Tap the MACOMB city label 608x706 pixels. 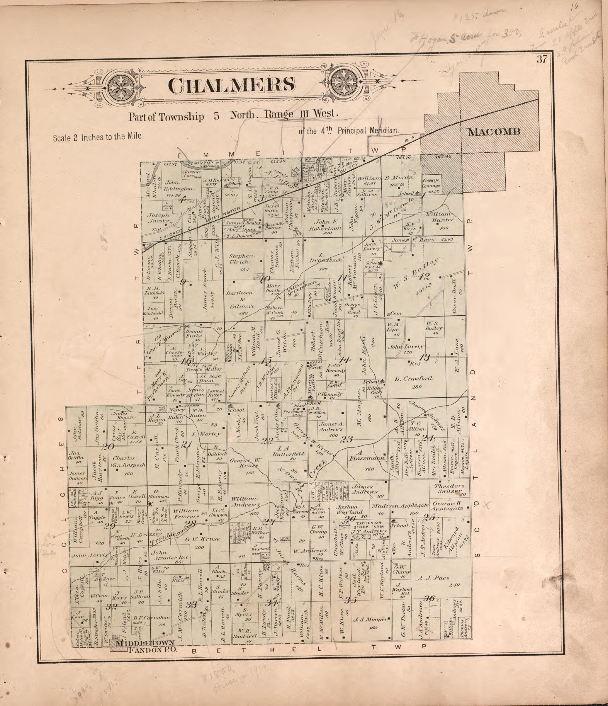coord(494,132)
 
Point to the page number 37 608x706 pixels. coord(542,59)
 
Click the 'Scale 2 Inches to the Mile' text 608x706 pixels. coord(98,137)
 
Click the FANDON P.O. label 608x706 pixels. coord(153,650)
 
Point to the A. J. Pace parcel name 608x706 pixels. coord(432,578)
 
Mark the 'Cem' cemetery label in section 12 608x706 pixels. coord(395,313)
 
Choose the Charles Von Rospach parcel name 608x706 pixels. coord(129,461)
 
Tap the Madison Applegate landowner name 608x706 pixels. coord(400,506)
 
